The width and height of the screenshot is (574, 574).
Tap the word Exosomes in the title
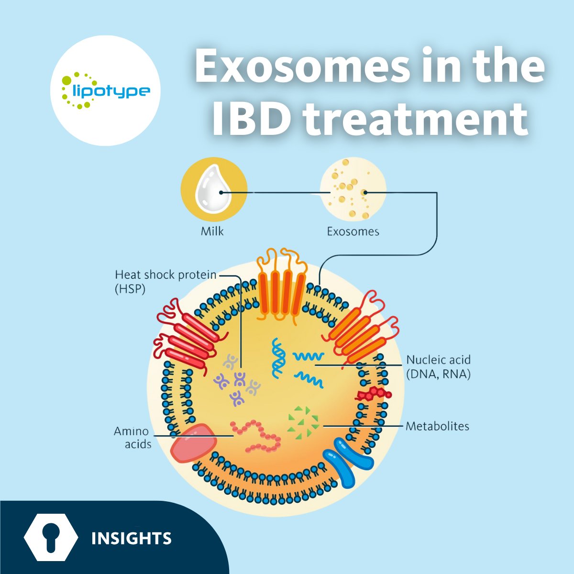[x=306, y=67]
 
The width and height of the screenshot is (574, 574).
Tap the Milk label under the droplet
[x=212, y=232]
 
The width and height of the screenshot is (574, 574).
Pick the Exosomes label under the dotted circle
[x=353, y=232]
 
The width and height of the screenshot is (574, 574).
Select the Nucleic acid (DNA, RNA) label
[x=438, y=366]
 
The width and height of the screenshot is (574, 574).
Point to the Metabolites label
[x=437, y=426]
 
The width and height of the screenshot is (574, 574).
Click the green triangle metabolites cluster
[x=302, y=421]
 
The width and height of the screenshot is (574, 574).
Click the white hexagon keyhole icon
[x=51, y=538]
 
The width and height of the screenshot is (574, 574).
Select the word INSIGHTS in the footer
[x=131, y=539]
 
